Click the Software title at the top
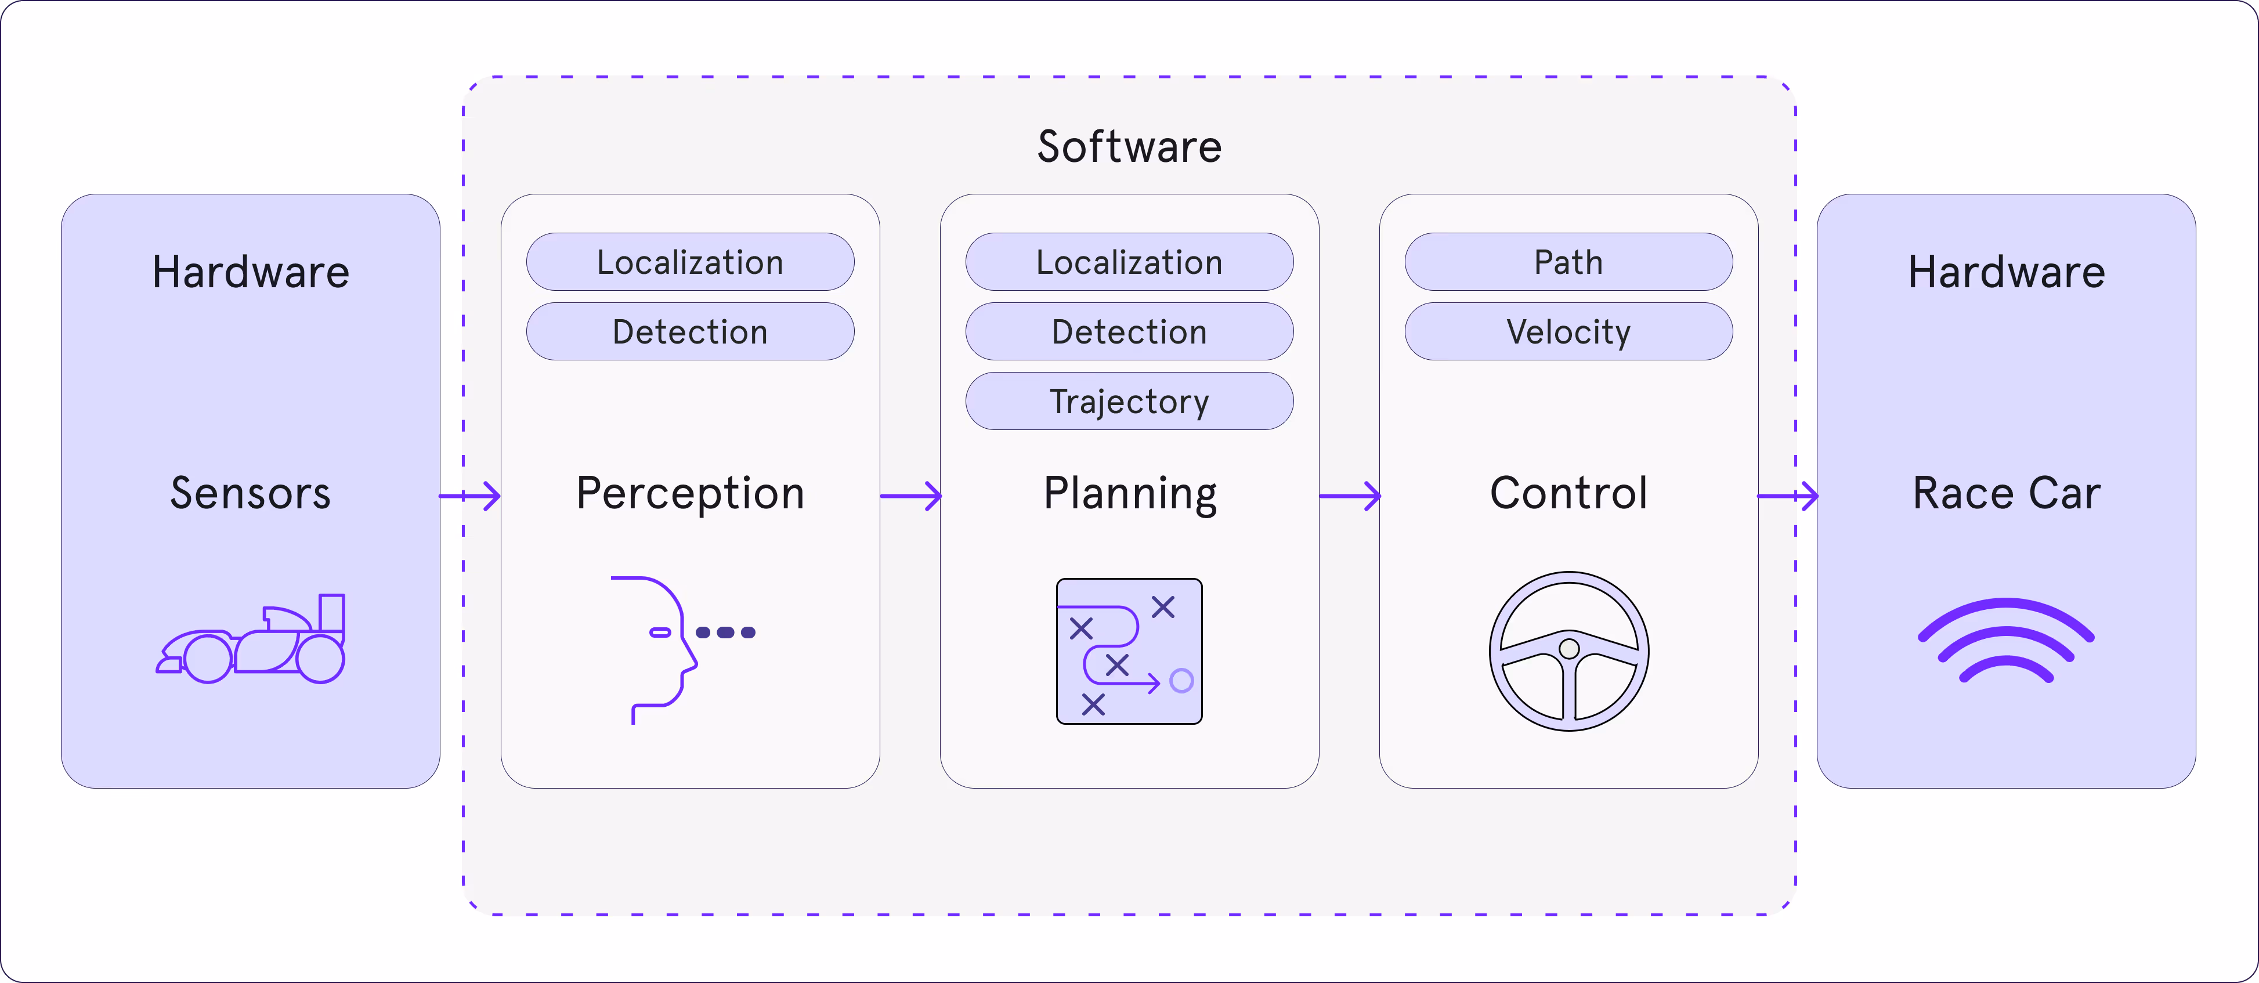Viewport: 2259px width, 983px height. [x=1129, y=146]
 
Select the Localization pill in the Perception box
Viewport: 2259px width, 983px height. [x=690, y=262]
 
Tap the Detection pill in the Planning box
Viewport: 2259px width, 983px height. [x=1129, y=331]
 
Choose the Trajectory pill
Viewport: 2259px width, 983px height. [x=1129, y=402]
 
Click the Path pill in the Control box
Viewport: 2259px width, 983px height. [x=1568, y=262]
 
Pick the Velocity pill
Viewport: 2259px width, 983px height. [x=1568, y=331]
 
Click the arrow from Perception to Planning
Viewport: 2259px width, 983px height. [x=910, y=496]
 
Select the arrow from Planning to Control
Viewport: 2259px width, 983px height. [x=1350, y=496]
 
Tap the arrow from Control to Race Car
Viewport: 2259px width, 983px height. [x=1788, y=496]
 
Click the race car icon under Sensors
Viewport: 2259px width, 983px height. [x=252, y=640]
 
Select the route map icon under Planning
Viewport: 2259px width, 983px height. [x=1129, y=650]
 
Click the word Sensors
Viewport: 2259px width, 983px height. [x=250, y=493]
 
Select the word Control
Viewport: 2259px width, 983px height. [x=1568, y=493]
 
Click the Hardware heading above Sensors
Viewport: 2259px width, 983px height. [x=250, y=272]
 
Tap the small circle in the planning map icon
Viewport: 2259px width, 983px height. [x=1181, y=681]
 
